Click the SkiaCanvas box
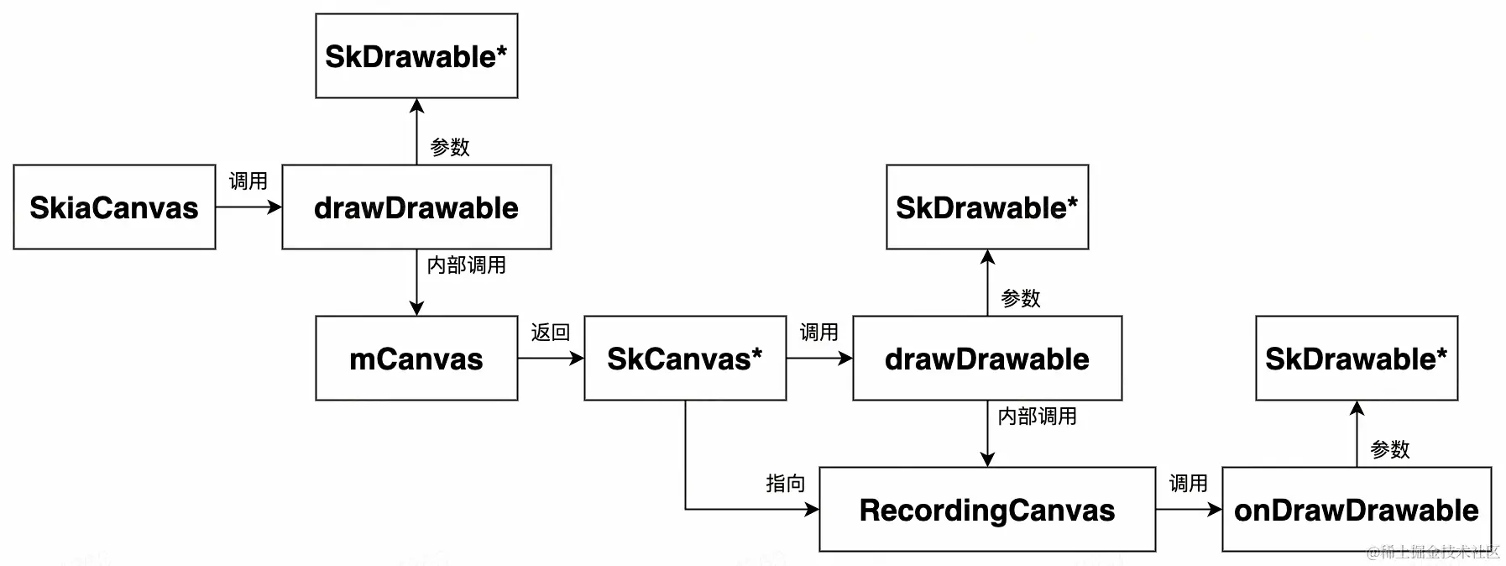114,207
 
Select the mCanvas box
416,359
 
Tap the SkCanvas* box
685,359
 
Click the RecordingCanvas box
987,510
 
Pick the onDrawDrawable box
1357,510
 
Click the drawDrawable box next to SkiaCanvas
416,207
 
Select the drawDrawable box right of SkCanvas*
987,359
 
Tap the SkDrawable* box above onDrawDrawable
1357,359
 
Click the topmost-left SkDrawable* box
416,56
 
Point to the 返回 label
551,333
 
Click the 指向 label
786,484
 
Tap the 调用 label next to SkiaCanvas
248,181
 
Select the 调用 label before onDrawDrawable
1189,484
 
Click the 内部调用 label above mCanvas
467,265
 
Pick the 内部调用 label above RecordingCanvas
1038,417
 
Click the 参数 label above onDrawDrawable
1390,450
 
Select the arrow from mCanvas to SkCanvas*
551,359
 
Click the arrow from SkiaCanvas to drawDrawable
248,207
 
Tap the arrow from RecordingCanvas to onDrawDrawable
1189,510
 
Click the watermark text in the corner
1433,552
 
